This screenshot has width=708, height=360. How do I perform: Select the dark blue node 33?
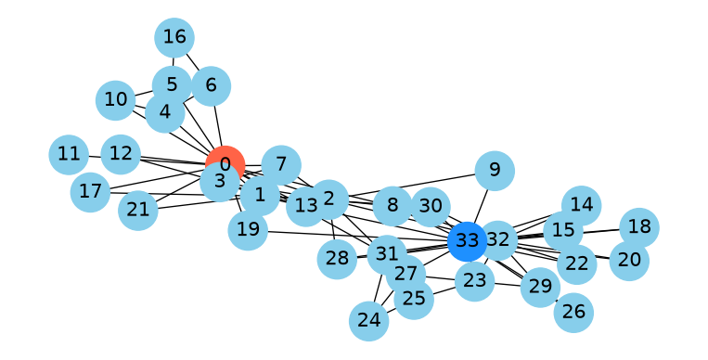pyautogui.click(x=468, y=241)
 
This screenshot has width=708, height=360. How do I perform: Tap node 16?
pyautogui.click(x=174, y=37)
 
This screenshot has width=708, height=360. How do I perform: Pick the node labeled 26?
pyautogui.click(x=573, y=312)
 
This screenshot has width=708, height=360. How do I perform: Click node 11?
pyautogui.click(x=69, y=154)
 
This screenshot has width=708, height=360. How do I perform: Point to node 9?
pyautogui.click(x=495, y=171)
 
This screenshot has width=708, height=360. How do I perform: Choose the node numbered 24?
pyautogui.click(x=369, y=321)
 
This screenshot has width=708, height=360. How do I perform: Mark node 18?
pyautogui.click(x=639, y=227)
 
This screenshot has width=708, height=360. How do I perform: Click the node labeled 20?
pyautogui.click(x=629, y=261)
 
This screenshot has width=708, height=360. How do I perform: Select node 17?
pyautogui.click(x=91, y=192)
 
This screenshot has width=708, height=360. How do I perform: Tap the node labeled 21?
pyautogui.click(x=138, y=210)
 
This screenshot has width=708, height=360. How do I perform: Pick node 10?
pyautogui.click(x=116, y=100)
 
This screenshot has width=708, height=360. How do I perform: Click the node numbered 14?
pyautogui.click(x=582, y=206)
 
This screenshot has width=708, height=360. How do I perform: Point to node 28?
pyautogui.click(x=337, y=259)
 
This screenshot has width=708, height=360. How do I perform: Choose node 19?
pyautogui.click(x=248, y=230)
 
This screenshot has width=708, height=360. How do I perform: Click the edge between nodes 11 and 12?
pyautogui.click(x=95, y=157)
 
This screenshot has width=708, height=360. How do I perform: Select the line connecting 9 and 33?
pyautogui.click(x=481, y=206)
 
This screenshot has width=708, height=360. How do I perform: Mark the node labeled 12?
pyautogui.click(x=121, y=154)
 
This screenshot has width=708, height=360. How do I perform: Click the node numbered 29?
pyautogui.click(x=540, y=287)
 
